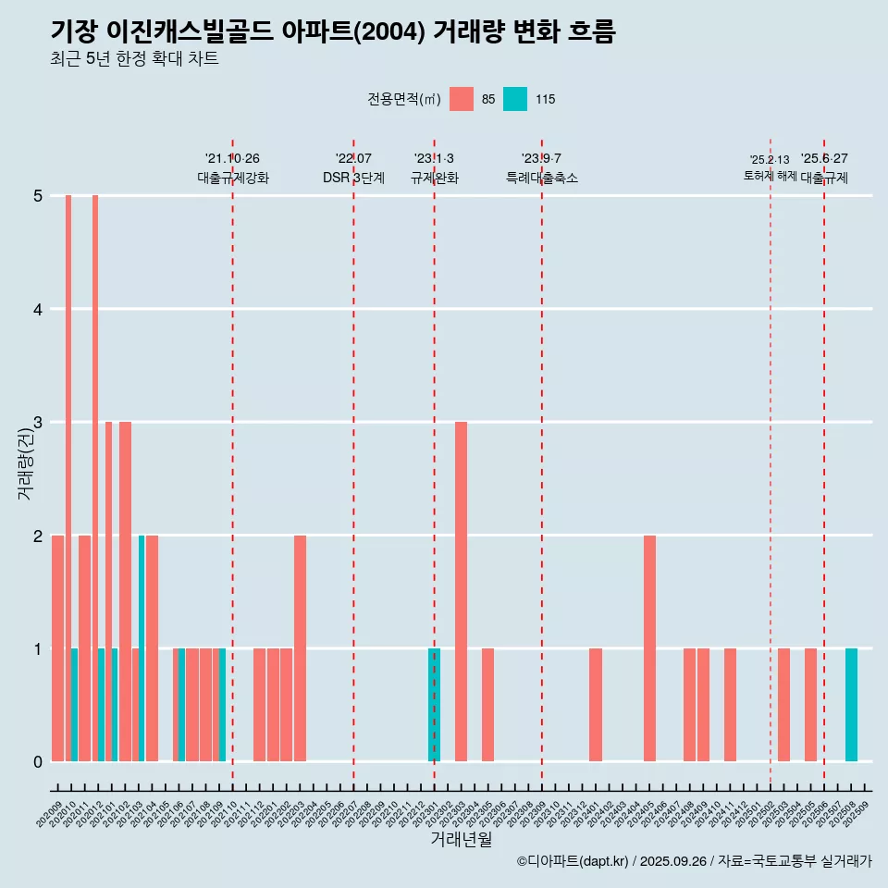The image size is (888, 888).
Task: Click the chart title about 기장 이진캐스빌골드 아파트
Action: tap(333, 31)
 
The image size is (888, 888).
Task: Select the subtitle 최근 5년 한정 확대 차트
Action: tap(134, 60)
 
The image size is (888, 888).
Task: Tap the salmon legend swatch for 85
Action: tap(461, 99)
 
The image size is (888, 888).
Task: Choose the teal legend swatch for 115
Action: tap(515, 99)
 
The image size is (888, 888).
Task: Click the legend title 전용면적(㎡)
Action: tap(403, 99)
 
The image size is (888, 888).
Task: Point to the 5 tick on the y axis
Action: tap(38, 196)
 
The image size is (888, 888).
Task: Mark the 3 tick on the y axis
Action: tap(38, 423)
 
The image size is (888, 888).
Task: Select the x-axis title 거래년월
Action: tap(461, 839)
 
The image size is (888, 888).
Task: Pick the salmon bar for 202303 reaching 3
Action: tap(461, 592)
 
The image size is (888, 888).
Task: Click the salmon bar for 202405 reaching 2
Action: tap(649, 647)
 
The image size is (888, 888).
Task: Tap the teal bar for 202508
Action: tap(851, 705)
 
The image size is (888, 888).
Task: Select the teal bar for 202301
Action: tap(434, 705)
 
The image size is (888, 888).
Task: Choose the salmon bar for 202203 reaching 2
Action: tap(300, 647)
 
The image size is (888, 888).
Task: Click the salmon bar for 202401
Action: tap(596, 705)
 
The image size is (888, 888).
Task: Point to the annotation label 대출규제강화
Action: tap(232, 178)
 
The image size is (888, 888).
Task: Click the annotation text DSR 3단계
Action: tap(353, 178)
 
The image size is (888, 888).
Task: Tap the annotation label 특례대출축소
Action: tap(541, 178)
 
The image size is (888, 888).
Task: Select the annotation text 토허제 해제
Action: tap(770, 176)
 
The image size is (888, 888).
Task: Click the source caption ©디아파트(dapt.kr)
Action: tap(573, 861)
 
